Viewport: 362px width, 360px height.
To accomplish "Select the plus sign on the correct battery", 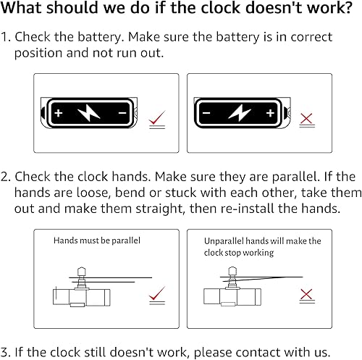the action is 59,113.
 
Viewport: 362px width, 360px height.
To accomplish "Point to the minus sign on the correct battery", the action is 122,113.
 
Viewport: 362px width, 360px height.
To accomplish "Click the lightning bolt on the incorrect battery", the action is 240,112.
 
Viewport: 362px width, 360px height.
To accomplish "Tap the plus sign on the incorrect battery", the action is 270,113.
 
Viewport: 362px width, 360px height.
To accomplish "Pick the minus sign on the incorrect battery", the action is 206,113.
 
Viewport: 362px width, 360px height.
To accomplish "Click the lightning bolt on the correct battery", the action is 89,112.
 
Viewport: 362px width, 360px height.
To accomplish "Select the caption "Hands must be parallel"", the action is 97,240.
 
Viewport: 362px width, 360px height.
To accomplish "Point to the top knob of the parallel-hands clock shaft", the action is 82,271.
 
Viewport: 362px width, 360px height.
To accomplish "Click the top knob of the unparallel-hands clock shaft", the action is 232,271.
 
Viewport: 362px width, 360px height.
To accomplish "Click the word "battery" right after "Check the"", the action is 100,37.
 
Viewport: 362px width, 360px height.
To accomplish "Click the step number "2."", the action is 6,177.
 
